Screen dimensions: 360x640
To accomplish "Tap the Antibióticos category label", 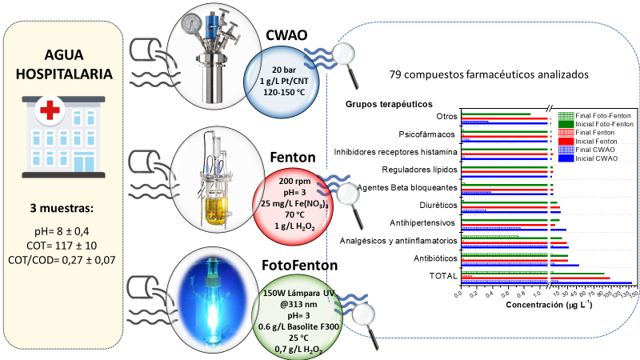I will coord(432,258).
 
